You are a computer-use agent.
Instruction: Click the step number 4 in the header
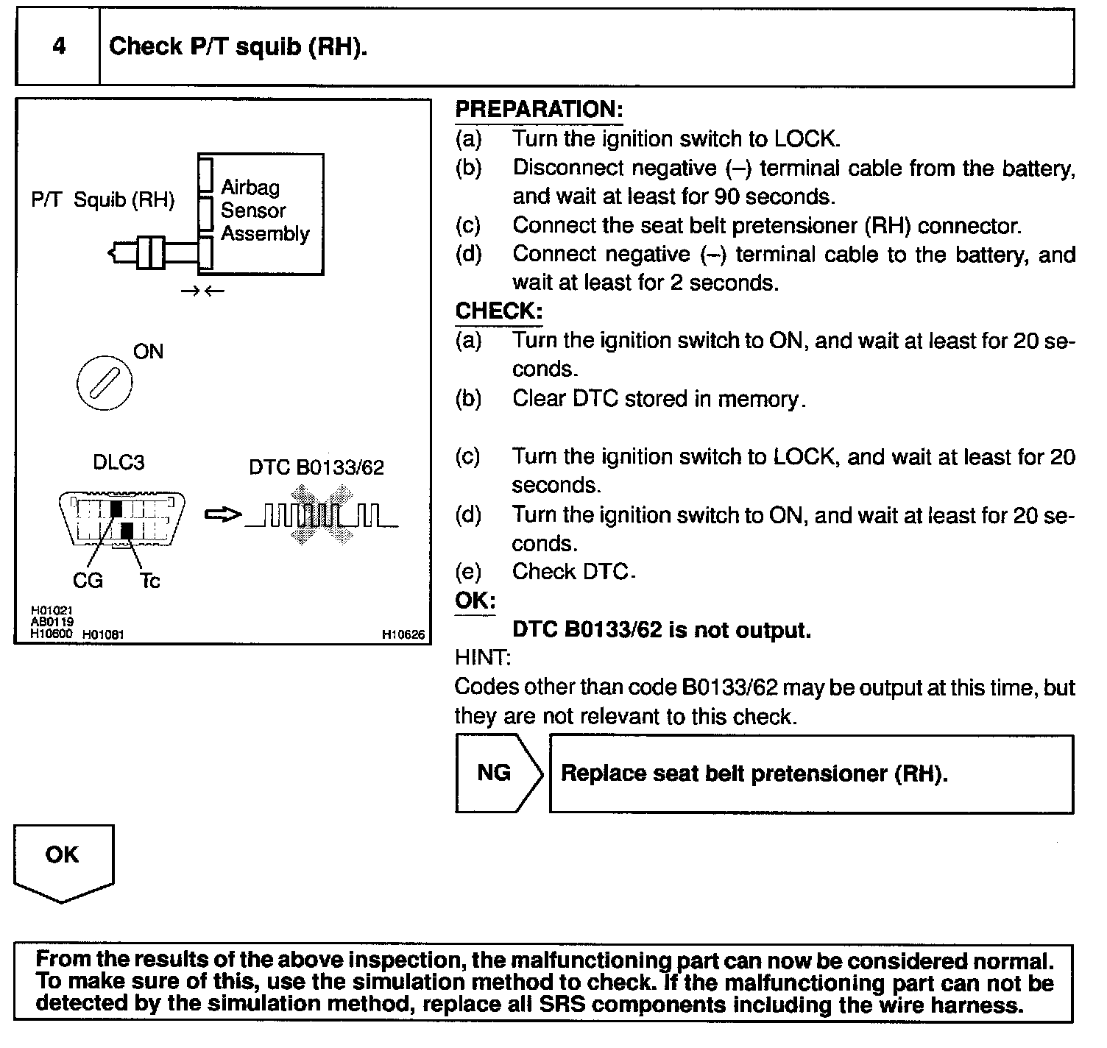click(x=59, y=47)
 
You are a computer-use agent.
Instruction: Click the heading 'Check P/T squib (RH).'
click(x=238, y=47)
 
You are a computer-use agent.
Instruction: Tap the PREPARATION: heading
click(x=539, y=110)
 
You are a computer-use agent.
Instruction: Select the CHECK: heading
click(x=498, y=311)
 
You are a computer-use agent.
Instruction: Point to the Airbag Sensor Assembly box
click(x=261, y=213)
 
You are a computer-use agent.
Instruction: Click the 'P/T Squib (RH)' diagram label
click(x=103, y=200)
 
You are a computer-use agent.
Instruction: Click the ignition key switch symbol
click(x=105, y=383)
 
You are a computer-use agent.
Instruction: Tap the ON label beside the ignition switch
click(x=148, y=352)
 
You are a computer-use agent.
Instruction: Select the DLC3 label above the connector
click(x=119, y=463)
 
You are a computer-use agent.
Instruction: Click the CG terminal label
click(x=88, y=581)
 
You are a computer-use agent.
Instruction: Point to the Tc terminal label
click(x=149, y=581)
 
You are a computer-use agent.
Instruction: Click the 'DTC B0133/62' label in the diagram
click(x=316, y=468)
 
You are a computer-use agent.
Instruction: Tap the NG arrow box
click(x=498, y=773)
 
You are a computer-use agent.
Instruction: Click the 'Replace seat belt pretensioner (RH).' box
click(x=811, y=774)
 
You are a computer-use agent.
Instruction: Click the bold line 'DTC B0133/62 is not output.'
click(x=661, y=631)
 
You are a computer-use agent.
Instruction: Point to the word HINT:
click(x=483, y=657)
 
